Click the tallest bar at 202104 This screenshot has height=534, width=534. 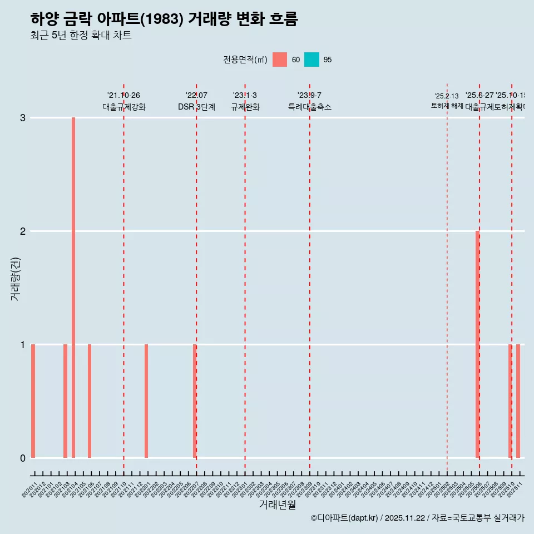[73, 288]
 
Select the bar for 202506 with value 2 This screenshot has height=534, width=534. [477, 344]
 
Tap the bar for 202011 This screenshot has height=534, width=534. [33, 401]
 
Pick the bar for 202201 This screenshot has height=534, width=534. [146, 401]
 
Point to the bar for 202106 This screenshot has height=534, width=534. [90, 401]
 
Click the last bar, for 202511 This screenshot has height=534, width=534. [518, 401]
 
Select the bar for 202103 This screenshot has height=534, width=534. [65, 401]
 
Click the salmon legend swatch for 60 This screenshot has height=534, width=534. [280, 60]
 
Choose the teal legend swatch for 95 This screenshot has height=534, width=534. [311, 60]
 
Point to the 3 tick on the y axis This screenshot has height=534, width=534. [23, 118]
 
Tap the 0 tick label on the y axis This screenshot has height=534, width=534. [23, 458]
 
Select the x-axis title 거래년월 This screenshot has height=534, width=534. [277, 505]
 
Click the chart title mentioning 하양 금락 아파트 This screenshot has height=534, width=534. [164, 19]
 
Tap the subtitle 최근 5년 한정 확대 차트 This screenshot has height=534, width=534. [81, 36]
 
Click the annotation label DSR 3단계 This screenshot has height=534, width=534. [196, 107]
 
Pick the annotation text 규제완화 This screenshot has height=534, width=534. [245, 107]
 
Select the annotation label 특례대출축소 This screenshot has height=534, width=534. [309, 107]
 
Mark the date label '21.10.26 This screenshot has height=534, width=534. [123, 96]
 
